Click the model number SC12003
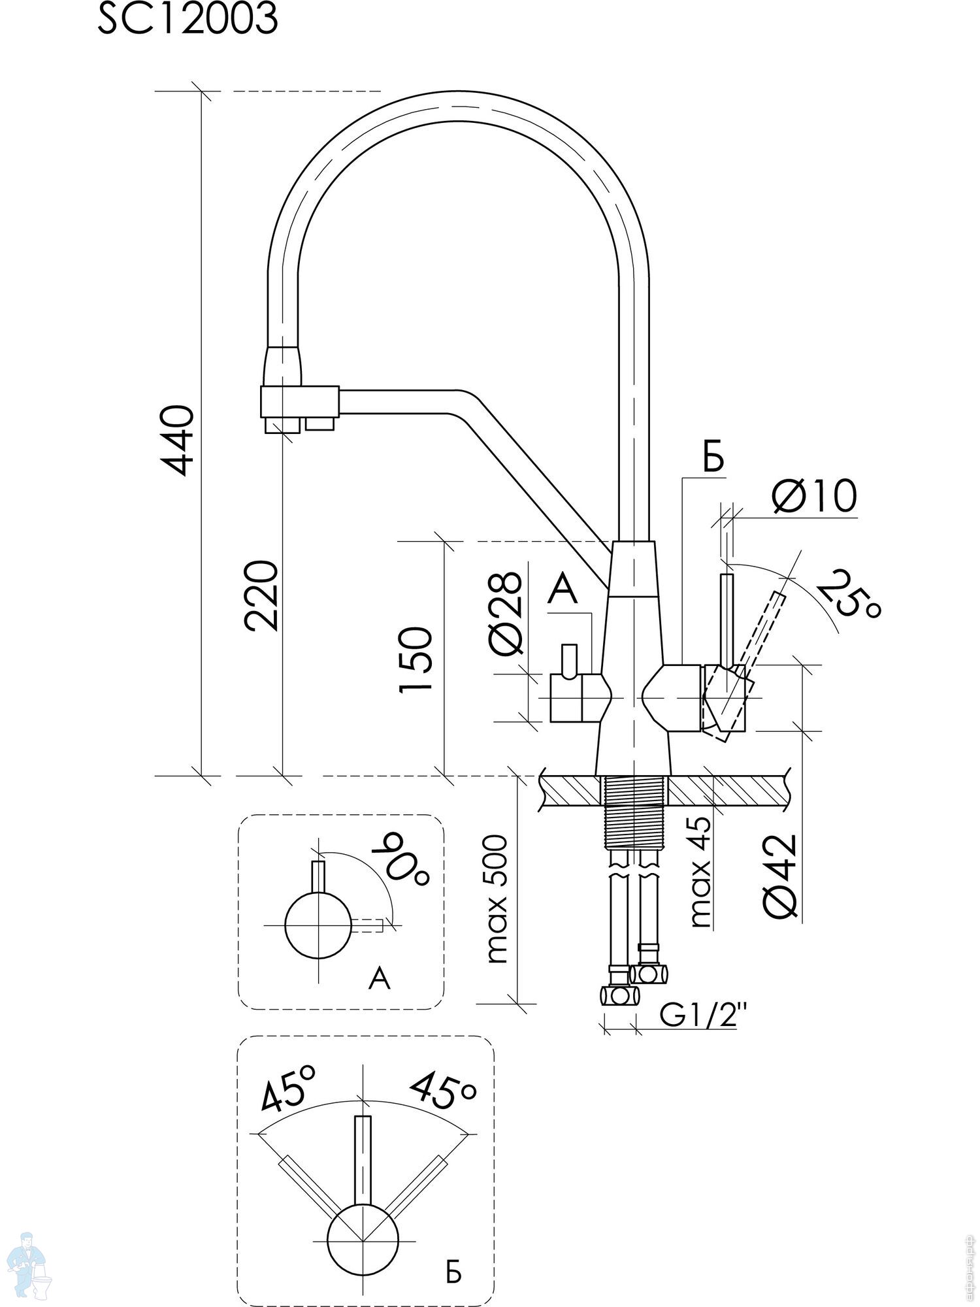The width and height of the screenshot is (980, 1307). pos(188,20)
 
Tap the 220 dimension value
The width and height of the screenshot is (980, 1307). pos(261,595)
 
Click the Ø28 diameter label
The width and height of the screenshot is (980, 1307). pos(506,612)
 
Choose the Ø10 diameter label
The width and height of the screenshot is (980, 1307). pos(813,496)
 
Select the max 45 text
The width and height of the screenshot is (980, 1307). pos(700,872)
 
